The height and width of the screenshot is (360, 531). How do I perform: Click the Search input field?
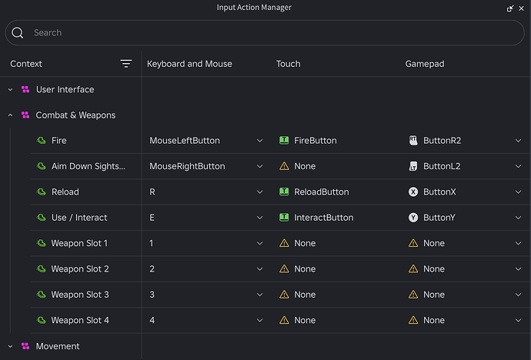coord(265,33)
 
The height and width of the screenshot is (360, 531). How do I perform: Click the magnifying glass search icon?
coord(17,33)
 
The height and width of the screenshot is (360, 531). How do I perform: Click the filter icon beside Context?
coord(126,64)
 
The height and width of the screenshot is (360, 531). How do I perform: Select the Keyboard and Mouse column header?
coord(189,64)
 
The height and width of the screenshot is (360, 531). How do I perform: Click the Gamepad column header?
coord(425,64)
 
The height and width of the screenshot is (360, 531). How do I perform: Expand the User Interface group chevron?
coord(11,90)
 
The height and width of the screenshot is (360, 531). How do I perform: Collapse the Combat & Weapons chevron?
coord(11,115)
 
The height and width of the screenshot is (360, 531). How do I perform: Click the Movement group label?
coord(58,346)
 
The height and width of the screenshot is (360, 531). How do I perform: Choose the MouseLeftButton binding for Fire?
coord(185,141)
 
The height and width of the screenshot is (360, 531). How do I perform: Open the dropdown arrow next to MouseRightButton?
coord(260,166)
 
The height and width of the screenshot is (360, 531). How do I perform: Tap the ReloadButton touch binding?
coord(322,192)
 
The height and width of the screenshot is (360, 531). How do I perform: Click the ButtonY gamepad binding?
coord(439,218)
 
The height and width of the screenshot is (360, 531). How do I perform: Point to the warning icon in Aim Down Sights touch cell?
coord(284,166)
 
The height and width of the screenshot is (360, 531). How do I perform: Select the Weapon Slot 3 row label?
coord(80,295)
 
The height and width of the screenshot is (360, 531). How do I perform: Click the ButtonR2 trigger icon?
coord(413,141)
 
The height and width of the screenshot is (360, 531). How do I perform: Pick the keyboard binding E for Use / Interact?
coord(152,218)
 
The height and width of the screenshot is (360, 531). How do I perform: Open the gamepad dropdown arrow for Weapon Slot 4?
coord(518,321)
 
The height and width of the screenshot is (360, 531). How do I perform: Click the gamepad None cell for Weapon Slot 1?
coord(434,243)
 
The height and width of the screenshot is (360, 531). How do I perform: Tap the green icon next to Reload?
coord(42,192)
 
